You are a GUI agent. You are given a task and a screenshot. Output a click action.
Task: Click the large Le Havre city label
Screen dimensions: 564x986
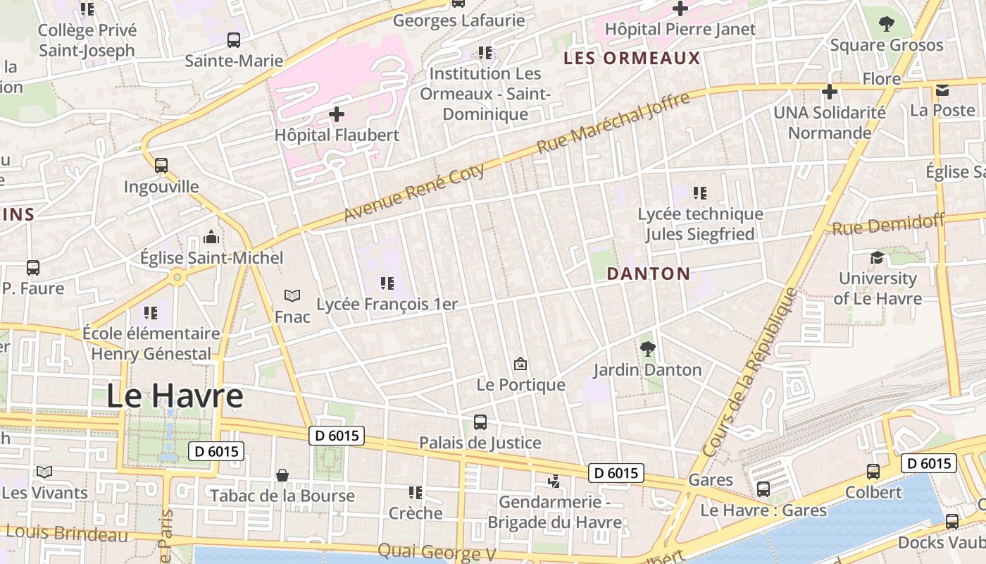[175, 396]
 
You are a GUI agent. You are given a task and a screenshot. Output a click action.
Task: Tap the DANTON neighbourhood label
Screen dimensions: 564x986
[648, 274]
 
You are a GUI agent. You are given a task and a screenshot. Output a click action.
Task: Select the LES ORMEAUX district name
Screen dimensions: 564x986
[632, 59]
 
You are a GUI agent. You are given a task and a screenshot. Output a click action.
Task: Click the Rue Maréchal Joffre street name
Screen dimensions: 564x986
[613, 123]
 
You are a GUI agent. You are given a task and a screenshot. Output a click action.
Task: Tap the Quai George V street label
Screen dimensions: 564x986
[437, 552]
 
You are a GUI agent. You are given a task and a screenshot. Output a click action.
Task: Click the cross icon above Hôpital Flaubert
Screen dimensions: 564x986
[337, 114]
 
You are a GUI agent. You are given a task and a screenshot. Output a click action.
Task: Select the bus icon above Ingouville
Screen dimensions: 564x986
[161, 166]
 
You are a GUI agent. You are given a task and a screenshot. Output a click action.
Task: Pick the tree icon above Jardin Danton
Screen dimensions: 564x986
[647, 348]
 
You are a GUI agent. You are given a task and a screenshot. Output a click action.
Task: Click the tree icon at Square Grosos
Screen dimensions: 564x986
[886, 24]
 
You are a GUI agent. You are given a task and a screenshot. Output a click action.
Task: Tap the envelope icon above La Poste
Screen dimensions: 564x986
[942, 90]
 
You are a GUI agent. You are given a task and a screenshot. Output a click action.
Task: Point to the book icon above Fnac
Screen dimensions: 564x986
[292, 295]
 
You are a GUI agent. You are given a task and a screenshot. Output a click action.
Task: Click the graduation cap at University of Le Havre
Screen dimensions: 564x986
[877, 257]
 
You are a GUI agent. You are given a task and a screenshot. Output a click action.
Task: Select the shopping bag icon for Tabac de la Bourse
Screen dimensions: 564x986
[282, 475]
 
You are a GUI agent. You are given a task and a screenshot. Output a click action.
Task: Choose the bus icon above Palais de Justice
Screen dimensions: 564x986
[480, 422]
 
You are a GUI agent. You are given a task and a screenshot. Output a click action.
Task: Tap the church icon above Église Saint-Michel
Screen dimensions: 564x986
[211, 237]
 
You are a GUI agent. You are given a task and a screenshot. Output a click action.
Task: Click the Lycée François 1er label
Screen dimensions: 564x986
[387, 305]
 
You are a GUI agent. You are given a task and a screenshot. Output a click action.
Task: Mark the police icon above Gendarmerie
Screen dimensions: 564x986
[554, 481]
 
